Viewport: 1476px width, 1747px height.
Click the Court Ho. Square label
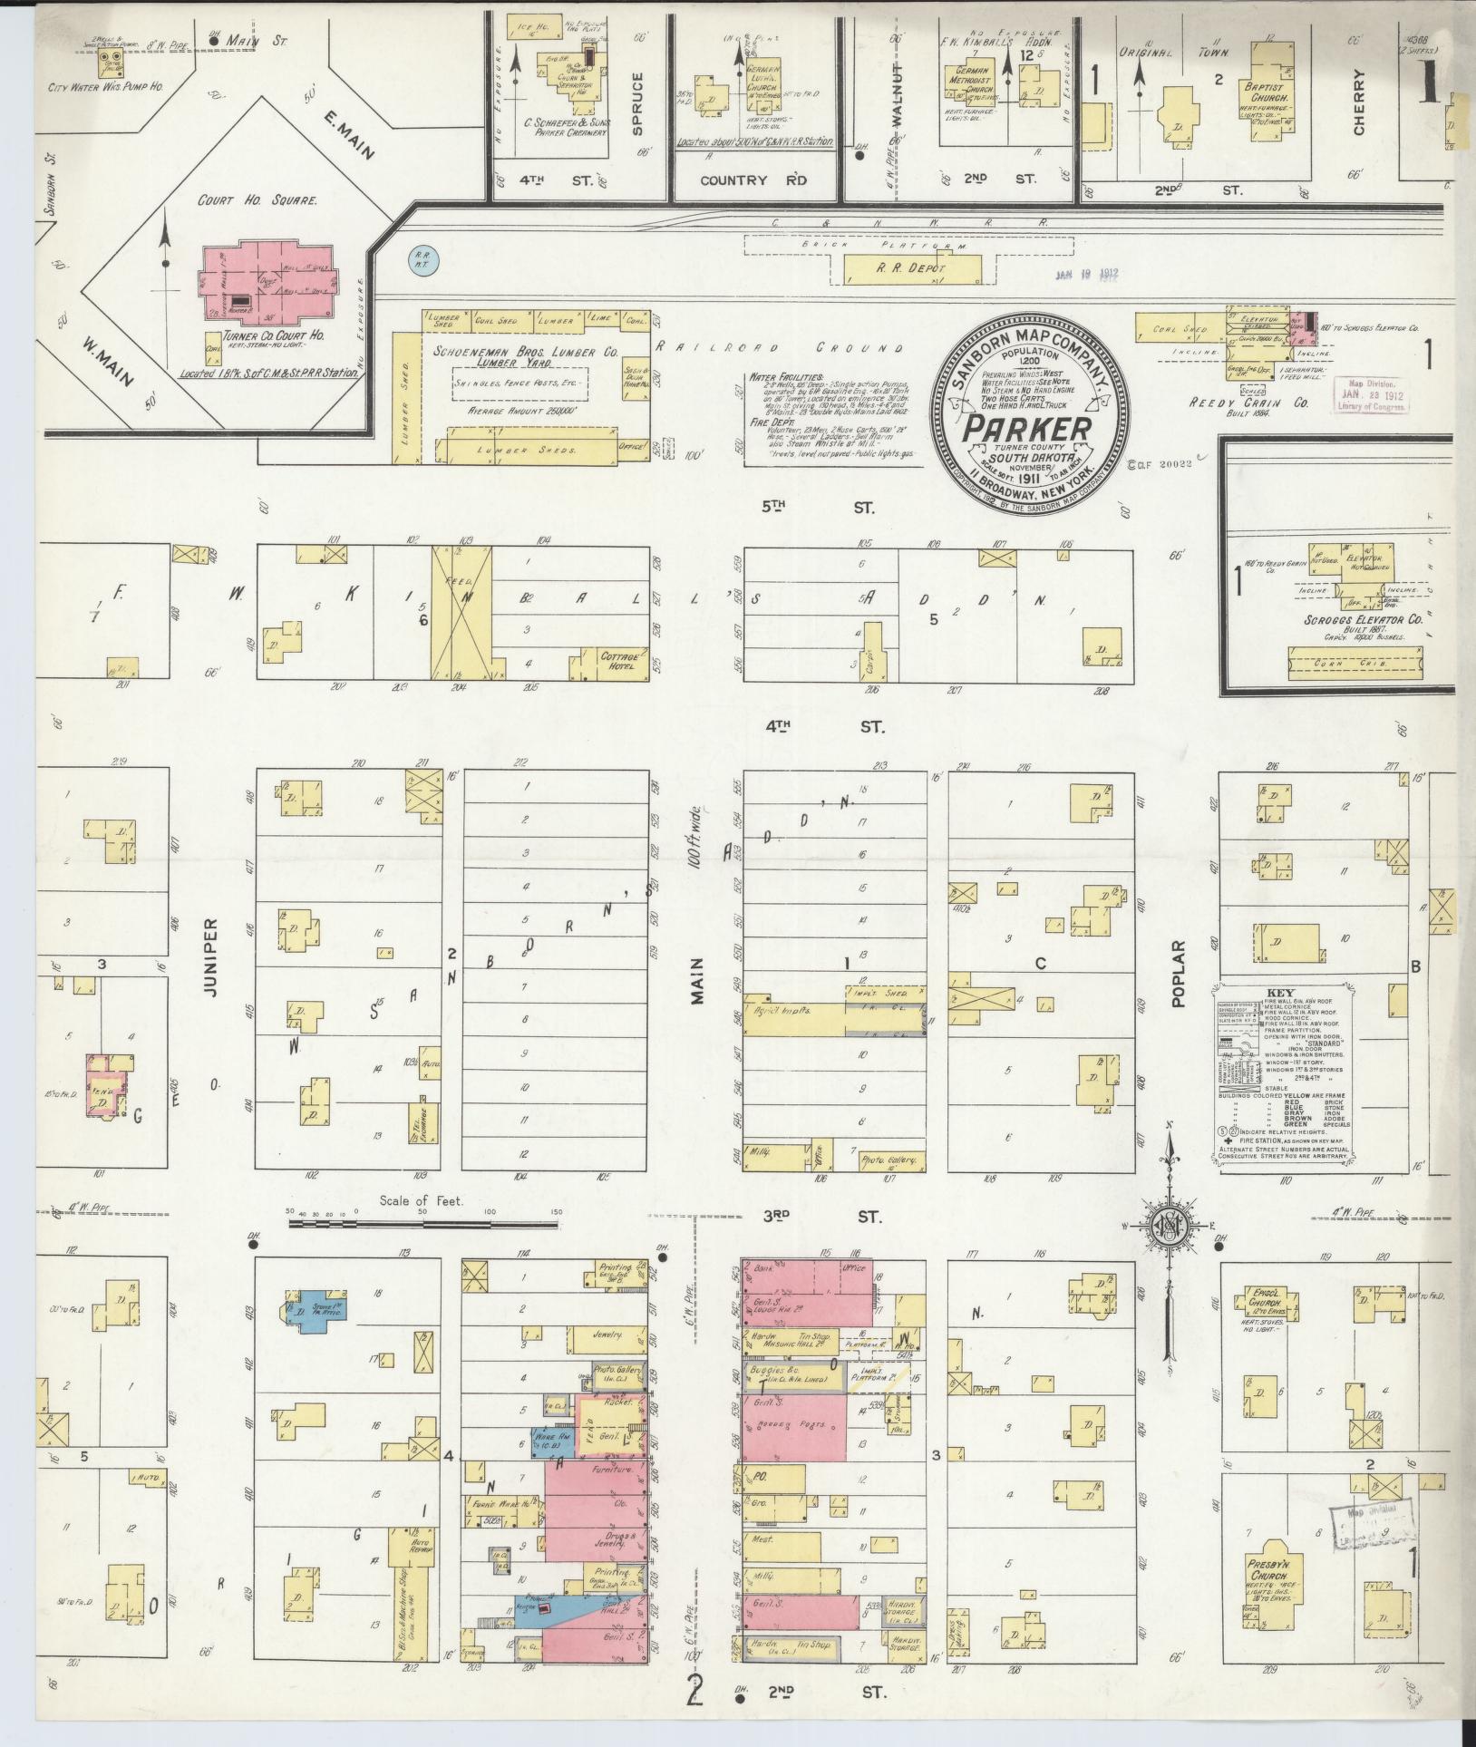coord(257,200)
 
